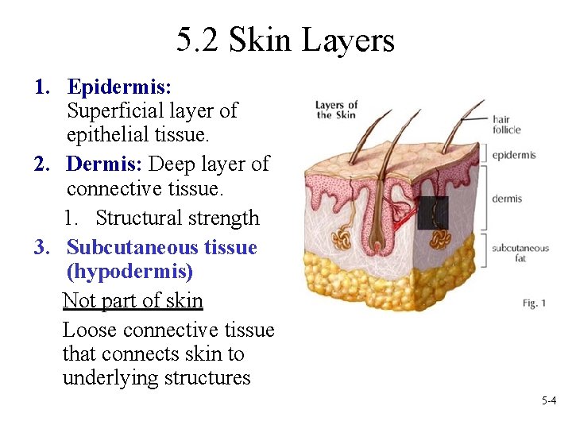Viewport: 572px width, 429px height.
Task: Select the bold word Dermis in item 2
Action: coord(103,164)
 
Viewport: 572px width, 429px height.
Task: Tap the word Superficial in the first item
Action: coord(115,110)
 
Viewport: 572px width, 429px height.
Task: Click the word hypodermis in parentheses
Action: coord(129,272)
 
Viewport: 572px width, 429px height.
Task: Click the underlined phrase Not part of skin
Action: coord(133,301)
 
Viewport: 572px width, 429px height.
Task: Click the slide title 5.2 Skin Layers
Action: coord(285,40)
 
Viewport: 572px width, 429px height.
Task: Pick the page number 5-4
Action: coord(548,401)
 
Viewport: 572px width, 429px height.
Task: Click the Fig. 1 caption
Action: coord(535,303)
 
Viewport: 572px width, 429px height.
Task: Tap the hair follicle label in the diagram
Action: coord(506,124)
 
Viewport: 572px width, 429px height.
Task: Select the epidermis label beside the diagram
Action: coord(513,156)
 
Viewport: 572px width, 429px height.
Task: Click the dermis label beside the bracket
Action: coord(506,198)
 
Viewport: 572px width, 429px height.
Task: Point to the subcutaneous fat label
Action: coord(520,253)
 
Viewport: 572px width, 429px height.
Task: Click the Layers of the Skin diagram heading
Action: coord(336,110)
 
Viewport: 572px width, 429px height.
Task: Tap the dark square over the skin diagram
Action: coord(432,213)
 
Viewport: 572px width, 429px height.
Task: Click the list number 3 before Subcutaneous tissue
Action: coord(44,247)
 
